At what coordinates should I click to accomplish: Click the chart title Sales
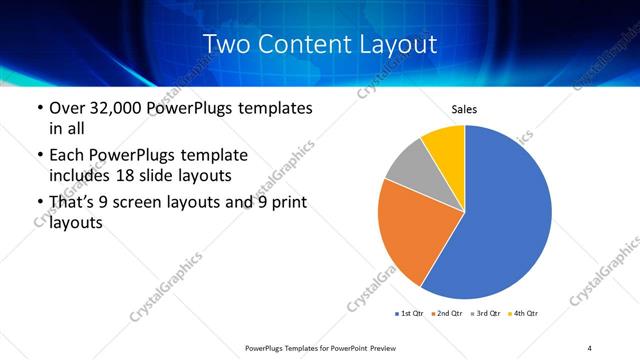click(x=465, y=108)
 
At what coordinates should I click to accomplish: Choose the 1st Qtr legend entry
click(x=410, y=314)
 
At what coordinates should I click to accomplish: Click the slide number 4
click(x=590, y=347)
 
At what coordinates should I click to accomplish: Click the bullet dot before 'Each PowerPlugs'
click(x=39, y=157)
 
